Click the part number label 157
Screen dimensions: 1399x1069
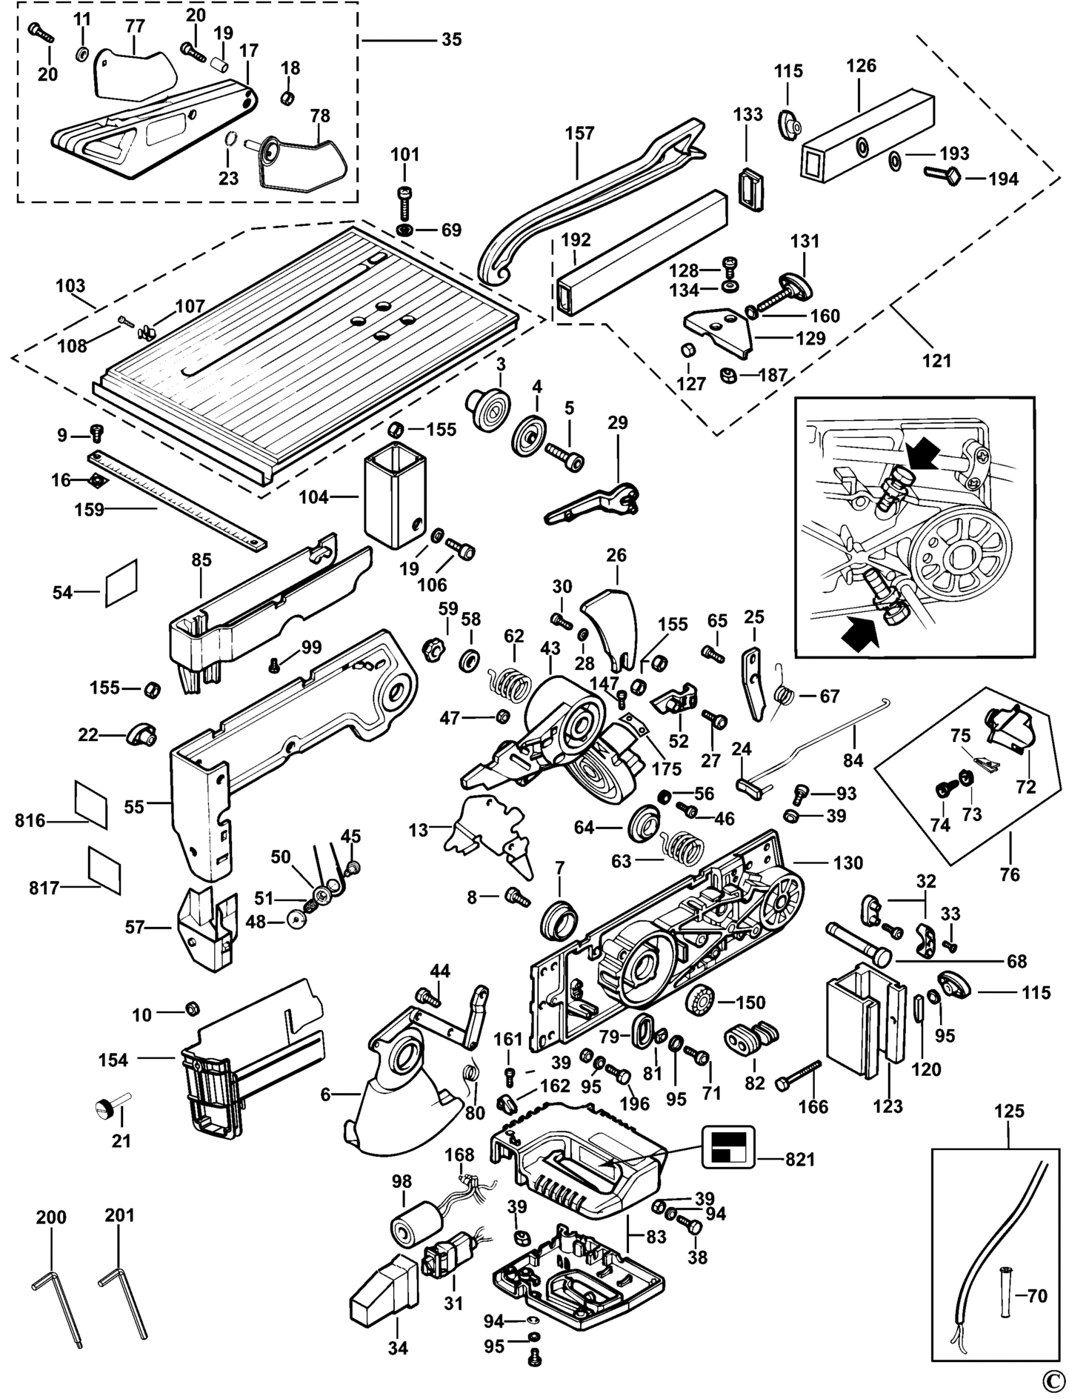(x=579, y=133)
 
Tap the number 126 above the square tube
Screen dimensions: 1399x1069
(x=861, y=66)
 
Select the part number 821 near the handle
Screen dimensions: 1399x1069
(x=799, y=1160)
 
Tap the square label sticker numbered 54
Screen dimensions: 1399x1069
(x=122, y=582)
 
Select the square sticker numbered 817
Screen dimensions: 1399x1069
(x=104, y=869)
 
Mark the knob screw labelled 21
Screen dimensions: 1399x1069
(x=111, y=1109)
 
